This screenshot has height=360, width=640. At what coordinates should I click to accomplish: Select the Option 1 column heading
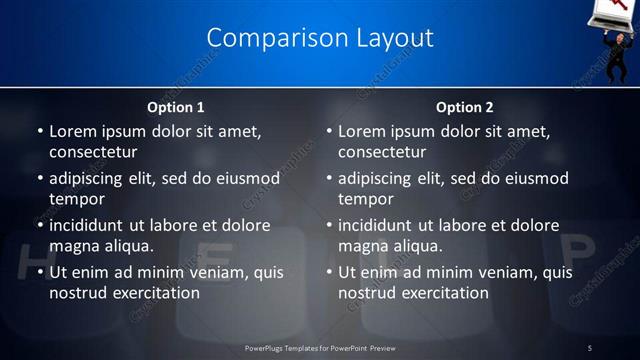click(x=176, y=107)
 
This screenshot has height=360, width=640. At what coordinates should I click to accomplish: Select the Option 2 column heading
click(x=465, y=107)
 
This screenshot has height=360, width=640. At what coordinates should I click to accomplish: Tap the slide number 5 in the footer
click(x=590, y=347)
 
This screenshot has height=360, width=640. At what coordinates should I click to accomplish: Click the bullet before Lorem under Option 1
click(x=39, y=132)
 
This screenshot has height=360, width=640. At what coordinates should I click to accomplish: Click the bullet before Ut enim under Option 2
click(x=328, y=272)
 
